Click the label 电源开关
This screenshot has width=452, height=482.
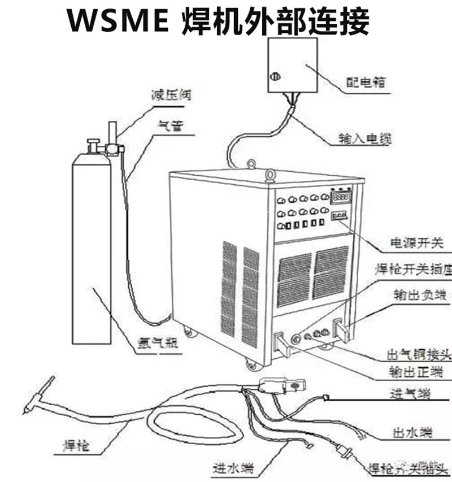[x=417, y=244]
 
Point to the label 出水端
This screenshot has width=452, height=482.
[x=412, y=433]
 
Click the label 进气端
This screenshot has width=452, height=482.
[x=411, y=394]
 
